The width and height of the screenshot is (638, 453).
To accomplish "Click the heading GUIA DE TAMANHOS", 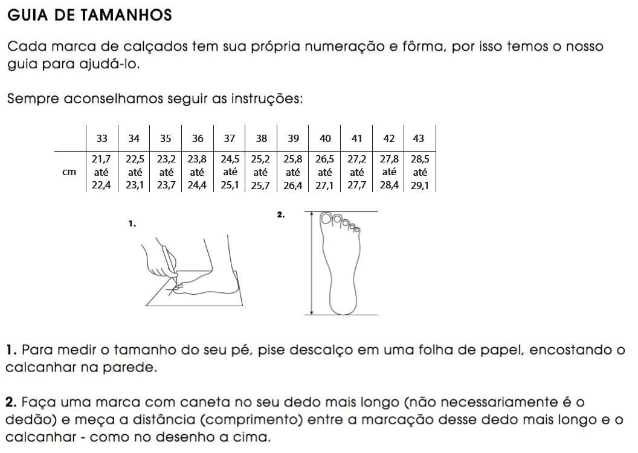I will click(x=90, y=16).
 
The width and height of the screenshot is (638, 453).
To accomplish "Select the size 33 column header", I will click(x=102, y=138).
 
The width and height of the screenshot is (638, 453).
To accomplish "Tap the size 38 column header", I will click(x=261, y=138).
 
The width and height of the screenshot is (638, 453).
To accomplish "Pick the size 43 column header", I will click(x=418, y=138).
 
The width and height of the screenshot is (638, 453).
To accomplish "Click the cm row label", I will click(x=69, y=172).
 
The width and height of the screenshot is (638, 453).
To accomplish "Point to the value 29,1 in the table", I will click(x=419, y=186).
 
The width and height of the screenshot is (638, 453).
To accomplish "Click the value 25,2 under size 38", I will click(x=261, y=159).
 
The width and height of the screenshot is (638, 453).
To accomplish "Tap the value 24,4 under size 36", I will click(x=197, y=186).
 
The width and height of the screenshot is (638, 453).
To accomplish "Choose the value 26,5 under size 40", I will click(x=325, y=159).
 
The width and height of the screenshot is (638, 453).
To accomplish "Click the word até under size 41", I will click(x=357, y=172).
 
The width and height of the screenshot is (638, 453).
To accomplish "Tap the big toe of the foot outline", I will click(x=327, y=219).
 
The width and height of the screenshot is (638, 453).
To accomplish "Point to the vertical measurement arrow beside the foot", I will click(x=311, y=263).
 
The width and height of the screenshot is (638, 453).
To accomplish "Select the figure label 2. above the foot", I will click(x=280, y=214).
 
